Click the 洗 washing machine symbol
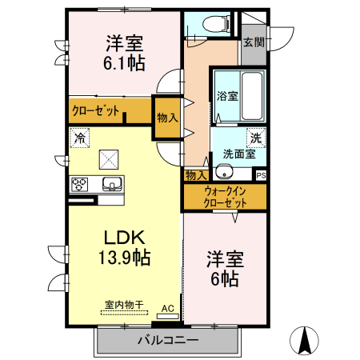click(x=255, y=137)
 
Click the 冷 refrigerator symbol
click(x=80, y=138)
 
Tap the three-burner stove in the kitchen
click(x=81, y=184)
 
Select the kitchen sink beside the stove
click(x=111, y=185)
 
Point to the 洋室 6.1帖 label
click(x=123, y=53)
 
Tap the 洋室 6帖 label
click(x=223, y=270)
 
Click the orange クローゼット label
click(x=95, y=111)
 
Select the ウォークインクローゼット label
click(x=224, y=197)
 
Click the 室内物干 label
click(x=123, y=304)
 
